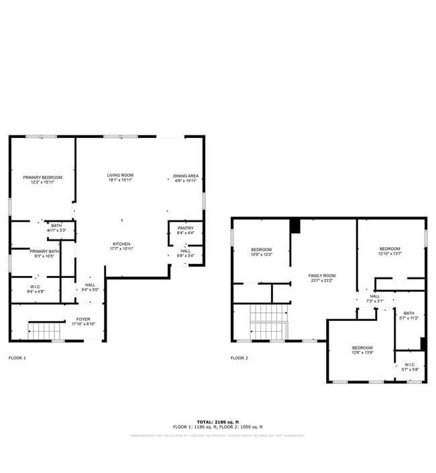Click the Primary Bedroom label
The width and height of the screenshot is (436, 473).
click(42, 180)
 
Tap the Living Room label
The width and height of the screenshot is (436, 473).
click(120, 178)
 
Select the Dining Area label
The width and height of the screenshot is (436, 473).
click(186, 178)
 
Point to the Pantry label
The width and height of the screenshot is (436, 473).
click(185, 230)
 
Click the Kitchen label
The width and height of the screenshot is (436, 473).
click(121, 246)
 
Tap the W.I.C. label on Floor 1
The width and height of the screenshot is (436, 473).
click(36, 289)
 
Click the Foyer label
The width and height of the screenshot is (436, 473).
click(83, 322)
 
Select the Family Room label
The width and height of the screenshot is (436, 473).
click(321, 278)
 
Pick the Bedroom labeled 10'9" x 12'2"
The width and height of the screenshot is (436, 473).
click(261, 251)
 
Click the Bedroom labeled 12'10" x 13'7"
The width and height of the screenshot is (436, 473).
click(389, 251)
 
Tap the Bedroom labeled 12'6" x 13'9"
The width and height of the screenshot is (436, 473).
click(362, 350)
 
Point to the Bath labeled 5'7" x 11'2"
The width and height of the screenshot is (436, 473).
click(408, 316)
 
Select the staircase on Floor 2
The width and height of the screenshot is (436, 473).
click(268, 322)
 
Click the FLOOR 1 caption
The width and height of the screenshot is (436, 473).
click(17, 358)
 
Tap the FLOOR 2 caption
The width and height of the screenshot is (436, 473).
click(239, 358)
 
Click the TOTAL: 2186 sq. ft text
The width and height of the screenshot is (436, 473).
click(217, 421)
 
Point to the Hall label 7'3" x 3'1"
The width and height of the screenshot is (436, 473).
click(374, 299)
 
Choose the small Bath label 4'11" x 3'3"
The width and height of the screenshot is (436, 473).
click(56, 228)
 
